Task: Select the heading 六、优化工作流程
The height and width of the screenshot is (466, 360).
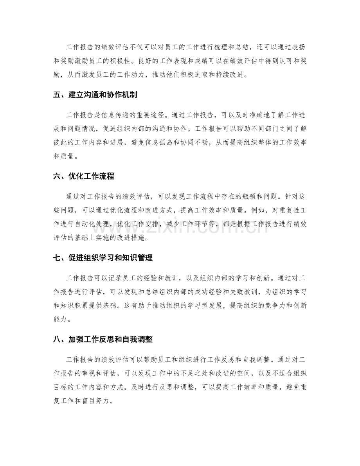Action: point(83,176)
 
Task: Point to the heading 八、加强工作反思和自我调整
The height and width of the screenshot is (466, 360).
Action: point(103,340)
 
